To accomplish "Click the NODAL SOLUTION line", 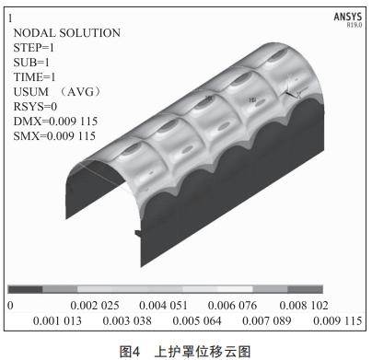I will tap(66, 33).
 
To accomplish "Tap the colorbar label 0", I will tap(10, 304).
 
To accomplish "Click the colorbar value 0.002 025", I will tap(95, 304).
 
